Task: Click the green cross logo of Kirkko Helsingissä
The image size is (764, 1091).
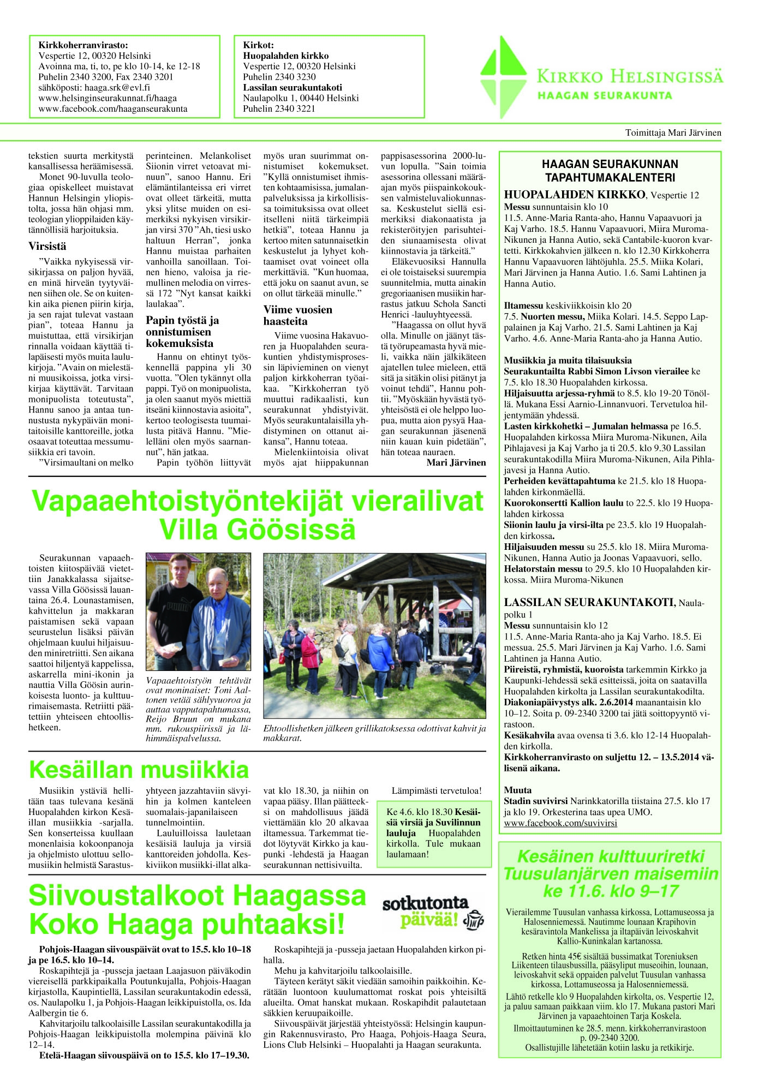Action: click(x=504, y=76)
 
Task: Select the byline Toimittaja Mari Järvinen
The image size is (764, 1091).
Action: click(x=673, y=133)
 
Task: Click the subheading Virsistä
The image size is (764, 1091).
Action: click(x=47, y=246)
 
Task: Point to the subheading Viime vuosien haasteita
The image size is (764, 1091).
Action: click(x=297, y=315)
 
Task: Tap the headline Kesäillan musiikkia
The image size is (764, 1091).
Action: click(x=139, y=770)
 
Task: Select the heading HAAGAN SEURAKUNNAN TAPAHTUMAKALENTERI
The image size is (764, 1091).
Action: click(x=610, y=171)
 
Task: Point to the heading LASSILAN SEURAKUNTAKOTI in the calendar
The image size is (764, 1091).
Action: click(x=589, y=603)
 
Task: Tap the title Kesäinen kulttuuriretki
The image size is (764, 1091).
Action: click(x=611, y=856)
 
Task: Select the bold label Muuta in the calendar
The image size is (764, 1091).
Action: click(x=517, y=790)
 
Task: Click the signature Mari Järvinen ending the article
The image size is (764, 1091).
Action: click(x=456, y=463)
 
